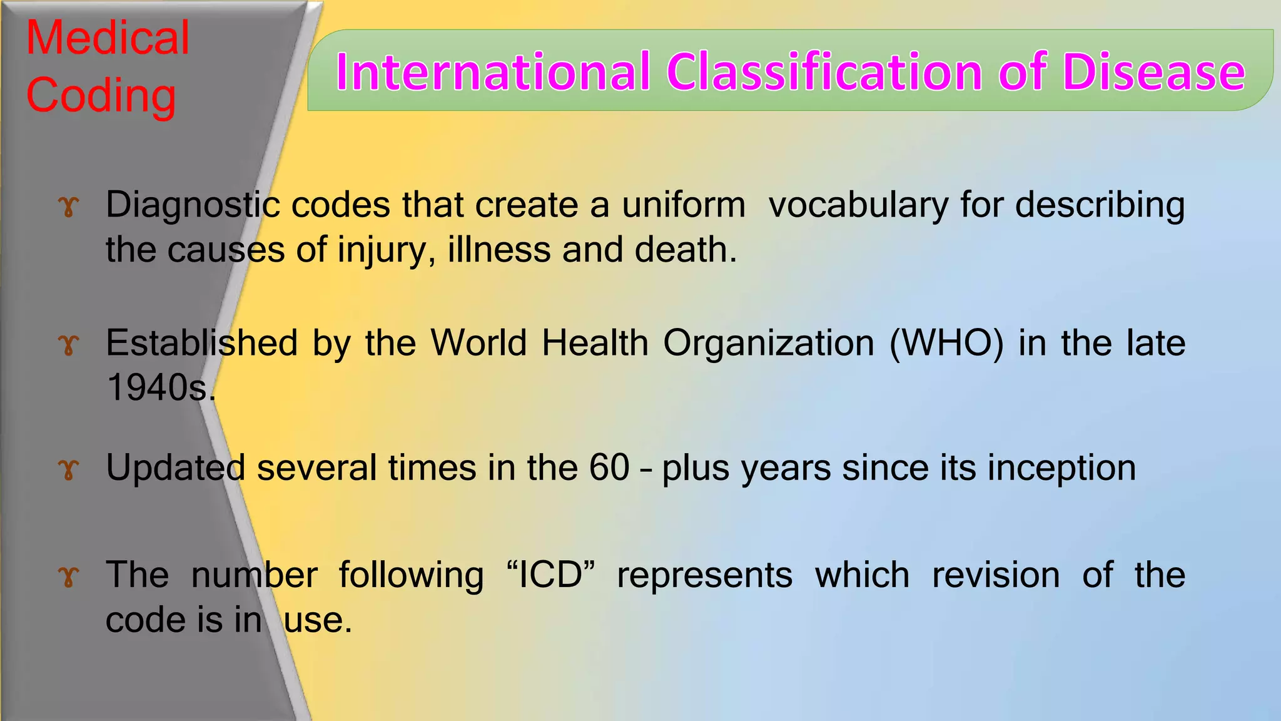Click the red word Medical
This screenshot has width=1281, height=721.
click(108, 38)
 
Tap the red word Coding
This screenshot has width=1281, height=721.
click(101, 95)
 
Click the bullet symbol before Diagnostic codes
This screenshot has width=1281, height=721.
click(69, 207)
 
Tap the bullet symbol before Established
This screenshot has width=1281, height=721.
click(69, 345)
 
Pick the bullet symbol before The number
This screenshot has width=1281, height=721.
click(69, 576)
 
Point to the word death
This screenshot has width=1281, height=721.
click(685, 250)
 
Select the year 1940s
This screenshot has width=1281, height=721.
click(159, 387)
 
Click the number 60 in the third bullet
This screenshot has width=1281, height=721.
click(609, 468)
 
